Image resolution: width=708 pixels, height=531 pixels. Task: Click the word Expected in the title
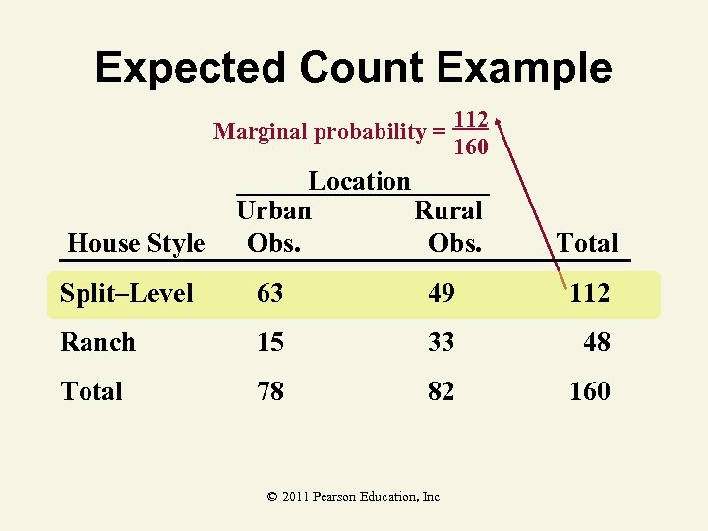pyautogui.click(x=189, y=68)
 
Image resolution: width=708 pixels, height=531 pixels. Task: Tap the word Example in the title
pyautogui.click(x=524, y=68)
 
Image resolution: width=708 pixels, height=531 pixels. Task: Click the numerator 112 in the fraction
pyautogui.click(x=472, y=119)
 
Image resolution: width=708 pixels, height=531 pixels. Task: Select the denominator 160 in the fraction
pyautogui.click(x=472, y=147)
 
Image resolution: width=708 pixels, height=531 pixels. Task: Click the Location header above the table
pyautogui.click(x=359, y=181)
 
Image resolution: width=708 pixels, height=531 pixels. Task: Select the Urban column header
pyautogui.click(x=273, y=210)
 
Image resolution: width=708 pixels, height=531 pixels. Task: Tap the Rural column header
pyautogui.click(x=448, y=210)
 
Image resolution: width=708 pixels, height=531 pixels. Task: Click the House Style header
pyautogui.click(x=136, y=243)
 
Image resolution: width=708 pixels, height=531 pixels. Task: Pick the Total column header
pyautogui.click(x=587, y=243)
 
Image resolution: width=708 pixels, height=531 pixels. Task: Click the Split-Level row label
pyautogui.click(x=127, y=293)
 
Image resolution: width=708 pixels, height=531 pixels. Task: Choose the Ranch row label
pyautogui.click(x=97, y=342)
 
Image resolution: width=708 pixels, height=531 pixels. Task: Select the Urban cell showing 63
pyautogui.click(x=270, y=293)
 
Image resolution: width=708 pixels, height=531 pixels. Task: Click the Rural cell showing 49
pyautogui.click(x=441, y=293)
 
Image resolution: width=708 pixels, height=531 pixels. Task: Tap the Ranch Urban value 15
pyautogui.click(x=270, y=342)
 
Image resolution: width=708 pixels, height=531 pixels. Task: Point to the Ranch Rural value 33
pyautogui.click(x=441, y=342)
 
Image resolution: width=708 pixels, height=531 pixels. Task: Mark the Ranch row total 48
pyautogui.click(x=596, y=342)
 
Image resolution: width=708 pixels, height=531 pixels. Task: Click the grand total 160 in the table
pyautogui.click(x=590, y=391)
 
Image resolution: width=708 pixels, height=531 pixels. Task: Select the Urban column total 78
pyautogui.click(x=270, y=391)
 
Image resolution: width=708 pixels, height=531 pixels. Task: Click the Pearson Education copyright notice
pyautogui.click(x=353, y=497)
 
